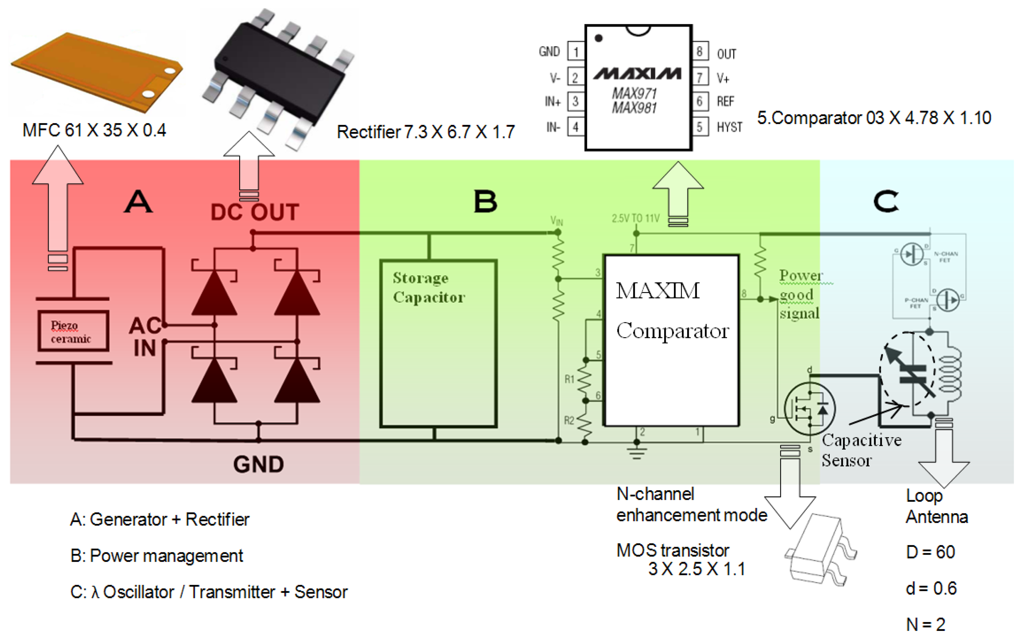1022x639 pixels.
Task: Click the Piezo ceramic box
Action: pos(73,331)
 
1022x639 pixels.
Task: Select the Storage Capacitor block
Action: pos(438,343)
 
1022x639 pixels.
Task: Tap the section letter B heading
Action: pos(485,201)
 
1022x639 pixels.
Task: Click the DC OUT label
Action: pos(255,212)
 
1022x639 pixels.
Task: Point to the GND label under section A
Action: pos(258,464)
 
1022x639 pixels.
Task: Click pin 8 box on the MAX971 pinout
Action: pos(700,52)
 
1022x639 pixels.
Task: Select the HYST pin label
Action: pos(729,127)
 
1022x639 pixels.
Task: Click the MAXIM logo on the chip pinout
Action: pos(637,74)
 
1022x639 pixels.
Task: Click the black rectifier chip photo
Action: pos(279,76)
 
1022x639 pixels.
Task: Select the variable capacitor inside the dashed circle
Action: pos(913,374)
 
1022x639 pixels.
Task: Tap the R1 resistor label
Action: pos(569,379)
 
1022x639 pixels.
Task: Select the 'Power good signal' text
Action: pos(799,295)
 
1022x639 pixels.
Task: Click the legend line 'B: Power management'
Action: pos(157,556)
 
